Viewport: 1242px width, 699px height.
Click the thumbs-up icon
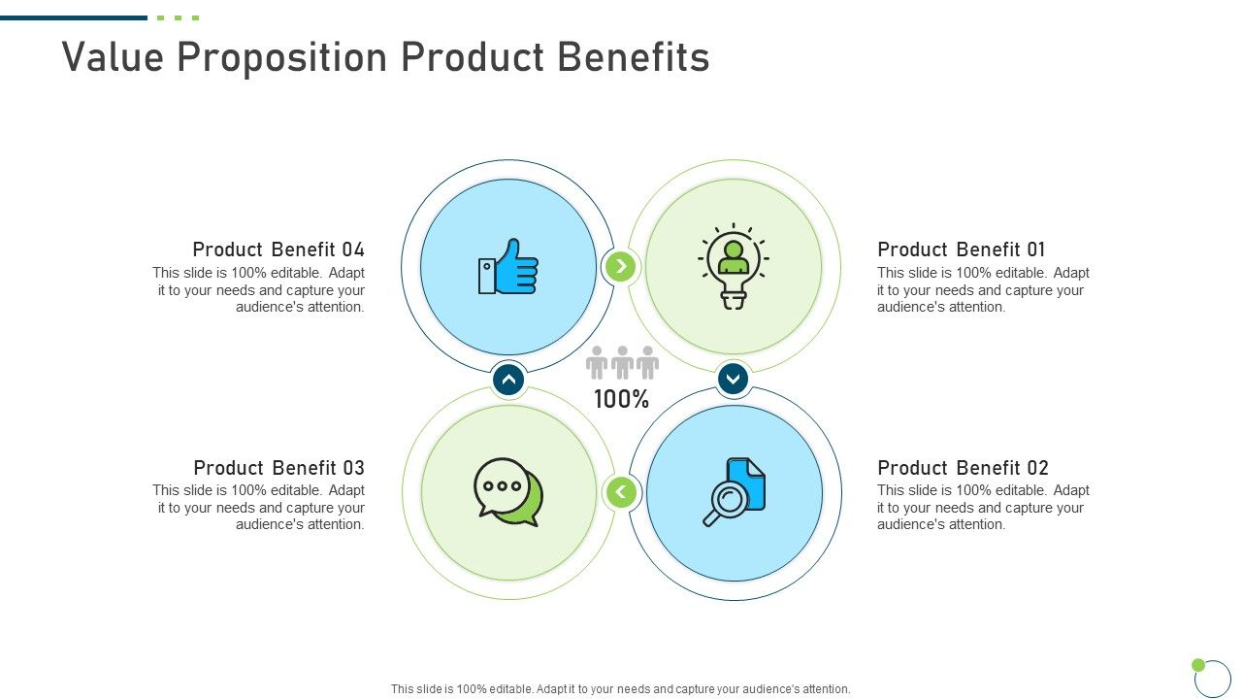pos(508,267)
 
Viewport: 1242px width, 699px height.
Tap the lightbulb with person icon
pos(734,266)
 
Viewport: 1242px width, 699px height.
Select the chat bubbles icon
pos(508,492)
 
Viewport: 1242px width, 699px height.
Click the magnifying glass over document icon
pos(735,492)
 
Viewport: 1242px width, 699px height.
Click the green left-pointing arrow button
pos(621,492)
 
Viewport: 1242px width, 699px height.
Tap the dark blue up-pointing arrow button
pos(508,380)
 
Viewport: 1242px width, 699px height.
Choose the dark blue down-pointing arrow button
pos(734,379)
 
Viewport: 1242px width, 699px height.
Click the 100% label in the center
pos(621,399)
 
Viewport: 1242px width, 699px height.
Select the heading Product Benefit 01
pos(962,250)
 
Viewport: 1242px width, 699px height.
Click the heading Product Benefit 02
pos(963,467)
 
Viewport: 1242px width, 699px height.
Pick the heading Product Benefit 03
pos(279,467)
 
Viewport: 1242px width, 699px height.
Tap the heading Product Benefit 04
pos(278,250)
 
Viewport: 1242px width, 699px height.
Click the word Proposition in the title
pos(288,57)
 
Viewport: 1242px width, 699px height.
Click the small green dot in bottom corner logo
pos(1198,665)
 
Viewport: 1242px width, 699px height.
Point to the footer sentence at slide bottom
pos(621,689)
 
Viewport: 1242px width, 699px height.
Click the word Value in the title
pos(113,57)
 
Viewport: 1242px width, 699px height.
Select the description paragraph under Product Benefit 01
pos(983,290)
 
